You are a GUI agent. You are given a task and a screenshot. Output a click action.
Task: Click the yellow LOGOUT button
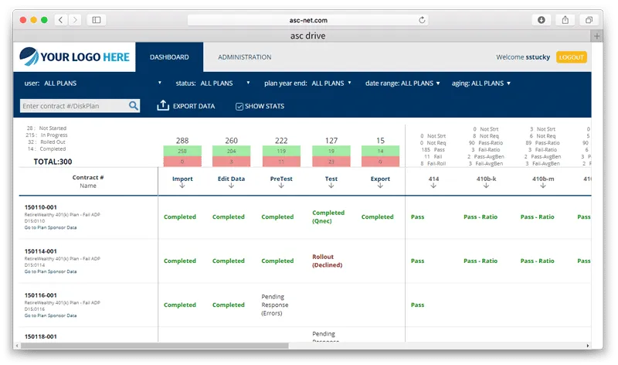571,57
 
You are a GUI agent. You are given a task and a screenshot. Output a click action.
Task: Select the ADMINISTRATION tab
244,57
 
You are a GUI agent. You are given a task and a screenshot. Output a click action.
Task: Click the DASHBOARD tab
169,57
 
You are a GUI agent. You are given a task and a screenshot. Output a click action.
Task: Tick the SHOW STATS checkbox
239,106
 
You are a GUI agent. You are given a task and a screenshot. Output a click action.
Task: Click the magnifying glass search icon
134,106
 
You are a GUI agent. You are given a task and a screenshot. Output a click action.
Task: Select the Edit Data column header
231,179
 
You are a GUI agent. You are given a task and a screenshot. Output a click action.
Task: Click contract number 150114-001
40,251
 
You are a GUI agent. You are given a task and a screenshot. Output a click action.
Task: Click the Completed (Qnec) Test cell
328,216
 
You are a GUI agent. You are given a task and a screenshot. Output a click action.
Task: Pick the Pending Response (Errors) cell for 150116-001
277,305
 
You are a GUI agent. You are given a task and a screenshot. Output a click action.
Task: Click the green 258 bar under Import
182,151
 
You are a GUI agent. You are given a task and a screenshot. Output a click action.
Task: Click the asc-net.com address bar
309,19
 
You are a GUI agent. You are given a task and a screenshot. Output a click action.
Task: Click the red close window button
23,19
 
